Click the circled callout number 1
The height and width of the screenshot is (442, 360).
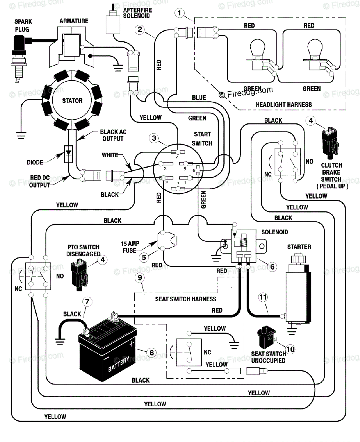click(x=179, y=14)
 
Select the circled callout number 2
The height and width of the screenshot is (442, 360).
click(x=139, y=29)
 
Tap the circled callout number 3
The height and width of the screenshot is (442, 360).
click(x=154, y=138)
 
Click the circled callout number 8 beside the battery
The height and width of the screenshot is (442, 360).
click(x=151, y=352)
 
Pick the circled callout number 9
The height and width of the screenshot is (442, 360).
click(x=139, y=278)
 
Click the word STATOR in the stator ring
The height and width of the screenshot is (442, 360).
click(x=72, y=101)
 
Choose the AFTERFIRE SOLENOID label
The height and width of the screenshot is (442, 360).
click(x=137, y=13)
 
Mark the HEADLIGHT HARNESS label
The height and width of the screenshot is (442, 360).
click(x=284, y=105)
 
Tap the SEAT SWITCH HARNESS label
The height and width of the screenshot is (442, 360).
click(x=186, y=299)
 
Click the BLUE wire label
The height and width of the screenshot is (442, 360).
click(x=199, y=98)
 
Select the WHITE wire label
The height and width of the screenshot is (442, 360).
click(x=110, y=155)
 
